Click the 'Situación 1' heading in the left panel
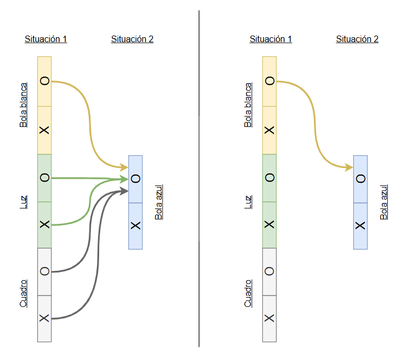[46, 39]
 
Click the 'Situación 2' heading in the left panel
[132, 39]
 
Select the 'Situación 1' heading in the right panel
[271, 39]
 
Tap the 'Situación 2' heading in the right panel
[357, 39]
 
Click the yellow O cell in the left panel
[44, 81]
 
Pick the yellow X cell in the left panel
[44, 130]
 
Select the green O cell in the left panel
[44, 178]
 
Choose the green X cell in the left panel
[44, 225]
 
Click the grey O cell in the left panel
[44, 271]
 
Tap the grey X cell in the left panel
[44, 318]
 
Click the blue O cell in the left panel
[135, 179]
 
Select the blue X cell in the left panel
[135, 225]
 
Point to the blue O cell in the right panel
[360, 179]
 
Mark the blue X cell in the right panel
[360, 225]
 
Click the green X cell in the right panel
[269, 225]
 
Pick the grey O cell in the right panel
[269, 271]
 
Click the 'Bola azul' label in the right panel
[383, 202]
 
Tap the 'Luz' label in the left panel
[23, 201]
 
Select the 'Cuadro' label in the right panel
[248, 293]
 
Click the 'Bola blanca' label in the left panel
[23, 105]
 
